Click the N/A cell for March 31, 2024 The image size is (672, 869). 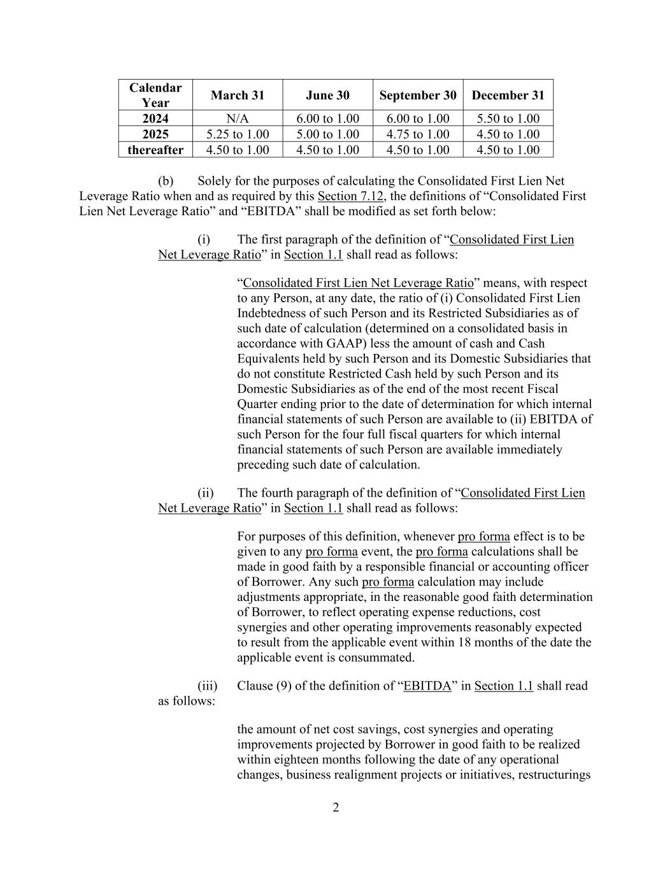237,118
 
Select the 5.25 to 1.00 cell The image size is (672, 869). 237,134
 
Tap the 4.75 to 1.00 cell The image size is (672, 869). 418,134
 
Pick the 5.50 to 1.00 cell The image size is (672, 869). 508,118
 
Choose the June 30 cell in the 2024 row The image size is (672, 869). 327,118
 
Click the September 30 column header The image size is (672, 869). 418,95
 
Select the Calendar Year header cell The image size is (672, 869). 155,95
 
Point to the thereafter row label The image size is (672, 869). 155,150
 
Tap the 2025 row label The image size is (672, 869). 155,134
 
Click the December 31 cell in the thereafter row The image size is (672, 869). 508,150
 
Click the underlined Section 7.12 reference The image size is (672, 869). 351,196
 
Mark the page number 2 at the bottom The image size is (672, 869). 336,809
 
